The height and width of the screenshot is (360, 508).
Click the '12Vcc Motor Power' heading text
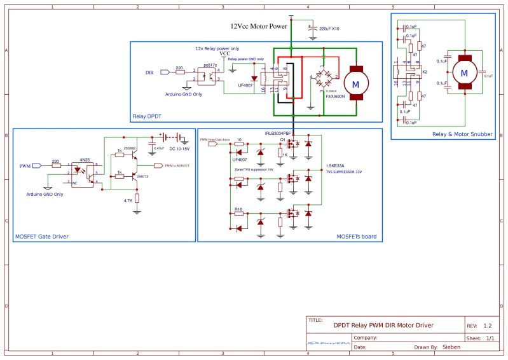tap(259, 27)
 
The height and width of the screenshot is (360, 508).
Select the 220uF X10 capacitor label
tap(329, 29)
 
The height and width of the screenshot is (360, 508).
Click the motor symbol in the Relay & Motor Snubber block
tap(463, 73)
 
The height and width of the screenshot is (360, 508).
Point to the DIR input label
tap(149, 73)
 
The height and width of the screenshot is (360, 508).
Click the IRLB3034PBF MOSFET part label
tap(278, 134)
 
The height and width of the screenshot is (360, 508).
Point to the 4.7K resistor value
tap(128, 200)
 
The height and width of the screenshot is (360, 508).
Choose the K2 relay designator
tap(425, 73)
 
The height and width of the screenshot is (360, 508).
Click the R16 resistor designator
tap(238, 208)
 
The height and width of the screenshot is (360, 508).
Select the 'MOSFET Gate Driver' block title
tap(41, 237)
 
